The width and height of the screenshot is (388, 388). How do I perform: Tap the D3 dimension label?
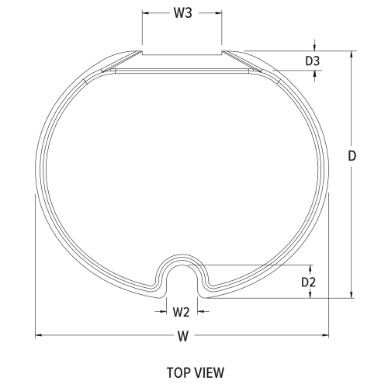(x=313, y=61)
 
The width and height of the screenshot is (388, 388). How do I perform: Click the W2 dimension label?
(x=181, y=312)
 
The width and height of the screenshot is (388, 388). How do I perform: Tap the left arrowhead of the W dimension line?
(x=38, y=336)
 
